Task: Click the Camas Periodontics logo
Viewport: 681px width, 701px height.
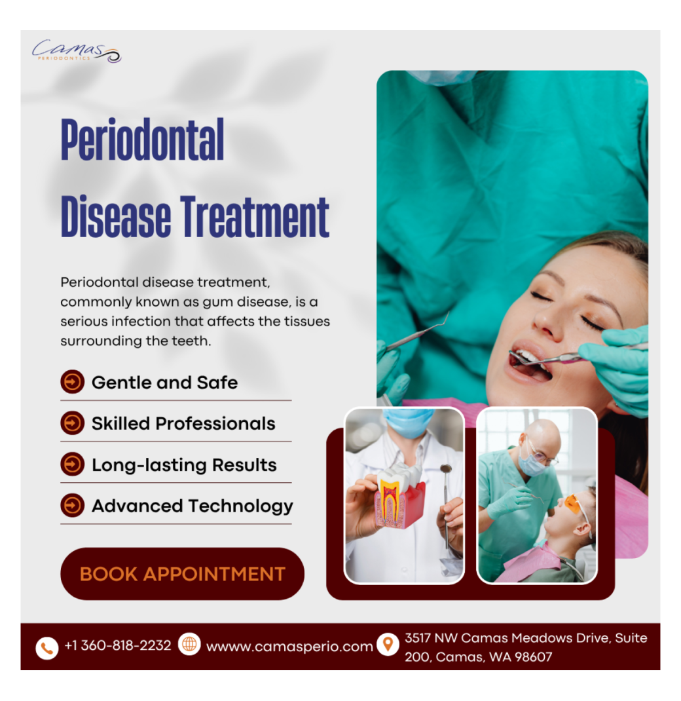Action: point(77,51)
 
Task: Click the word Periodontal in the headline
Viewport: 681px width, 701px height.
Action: point(143,140)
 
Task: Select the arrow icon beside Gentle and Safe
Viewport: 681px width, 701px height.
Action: point(72,382)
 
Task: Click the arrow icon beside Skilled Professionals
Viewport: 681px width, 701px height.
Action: point(72,423)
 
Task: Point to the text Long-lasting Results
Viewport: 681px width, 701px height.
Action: point(184,465)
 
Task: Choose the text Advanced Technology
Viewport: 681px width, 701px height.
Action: point(192,506)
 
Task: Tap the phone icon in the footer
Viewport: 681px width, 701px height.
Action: point(46,648)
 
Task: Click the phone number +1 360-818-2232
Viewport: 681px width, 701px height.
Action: point(118,646)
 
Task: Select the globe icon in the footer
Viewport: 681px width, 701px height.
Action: point(189,645)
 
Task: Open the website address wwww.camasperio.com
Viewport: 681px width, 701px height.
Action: point(289,647)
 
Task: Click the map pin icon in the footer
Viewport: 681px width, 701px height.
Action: point(388,645)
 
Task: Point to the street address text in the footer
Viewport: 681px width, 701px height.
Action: point(525,647)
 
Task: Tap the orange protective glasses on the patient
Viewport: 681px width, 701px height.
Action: point(574,505)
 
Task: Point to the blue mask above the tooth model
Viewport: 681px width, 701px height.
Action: point(408,423)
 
